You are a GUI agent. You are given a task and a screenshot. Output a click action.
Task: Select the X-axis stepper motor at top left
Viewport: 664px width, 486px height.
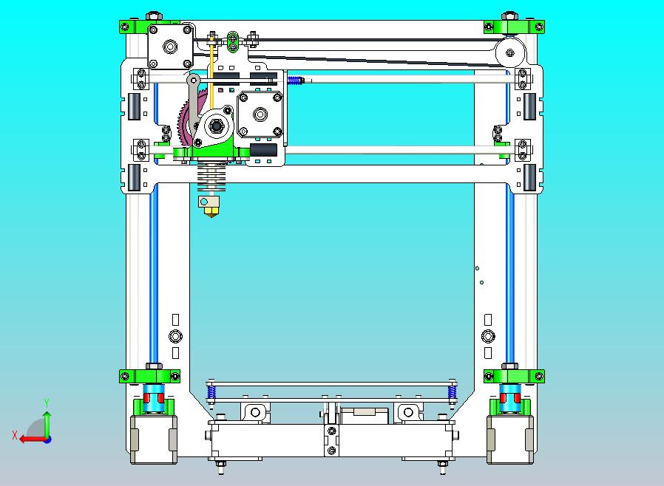click(171, 47)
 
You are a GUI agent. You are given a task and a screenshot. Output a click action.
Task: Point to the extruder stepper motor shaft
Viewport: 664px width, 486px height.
click(260, 114)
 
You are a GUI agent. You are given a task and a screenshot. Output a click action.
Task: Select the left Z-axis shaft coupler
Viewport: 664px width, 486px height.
click(155, 398)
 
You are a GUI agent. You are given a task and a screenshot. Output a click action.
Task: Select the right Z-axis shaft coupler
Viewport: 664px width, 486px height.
click(509, 398)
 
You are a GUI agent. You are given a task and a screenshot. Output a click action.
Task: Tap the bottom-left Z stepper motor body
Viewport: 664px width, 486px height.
click(154, 439)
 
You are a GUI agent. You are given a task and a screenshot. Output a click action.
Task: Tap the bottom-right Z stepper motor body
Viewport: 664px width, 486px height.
click(509, 439)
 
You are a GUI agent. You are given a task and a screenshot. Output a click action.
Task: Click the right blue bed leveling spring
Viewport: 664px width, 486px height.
click(451, 393)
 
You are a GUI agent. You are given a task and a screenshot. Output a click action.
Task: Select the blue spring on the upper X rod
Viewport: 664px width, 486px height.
click(294, 81)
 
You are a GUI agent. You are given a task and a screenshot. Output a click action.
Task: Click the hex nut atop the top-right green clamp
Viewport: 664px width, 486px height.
click(510, 16)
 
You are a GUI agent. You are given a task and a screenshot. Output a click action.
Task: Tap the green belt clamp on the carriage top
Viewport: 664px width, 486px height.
click(234, 41)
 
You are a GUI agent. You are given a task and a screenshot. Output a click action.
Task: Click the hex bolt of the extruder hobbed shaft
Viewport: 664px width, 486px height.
click(217, 126)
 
